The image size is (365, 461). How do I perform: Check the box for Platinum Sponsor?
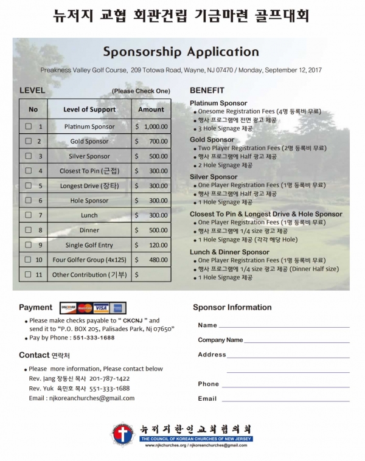(x=28, y=127)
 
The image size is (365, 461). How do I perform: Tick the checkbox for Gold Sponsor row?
(x=28, y=141)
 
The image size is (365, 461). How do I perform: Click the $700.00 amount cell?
(x=151, y=141)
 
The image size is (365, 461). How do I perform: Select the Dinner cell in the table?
(x=89, y=230)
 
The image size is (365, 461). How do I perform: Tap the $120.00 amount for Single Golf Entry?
(x=151, y=245)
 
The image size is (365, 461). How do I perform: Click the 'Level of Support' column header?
(x=89, y=109)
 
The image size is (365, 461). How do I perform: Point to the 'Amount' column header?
(x=151, y=109)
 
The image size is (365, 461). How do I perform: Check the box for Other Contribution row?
(x=28, y=274)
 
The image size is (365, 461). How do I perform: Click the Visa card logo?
(x=101, y=307)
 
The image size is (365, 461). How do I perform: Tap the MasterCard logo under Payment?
(x=85, y=307)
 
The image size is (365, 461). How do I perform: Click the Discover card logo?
(x=68, y=307)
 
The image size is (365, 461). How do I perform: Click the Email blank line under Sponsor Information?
(x=284, y=398)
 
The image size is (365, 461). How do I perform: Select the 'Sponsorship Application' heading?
(x=181, y=52)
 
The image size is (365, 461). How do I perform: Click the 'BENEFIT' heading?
(x=207, y=91)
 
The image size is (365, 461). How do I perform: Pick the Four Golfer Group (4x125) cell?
(x=89, y=260)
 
